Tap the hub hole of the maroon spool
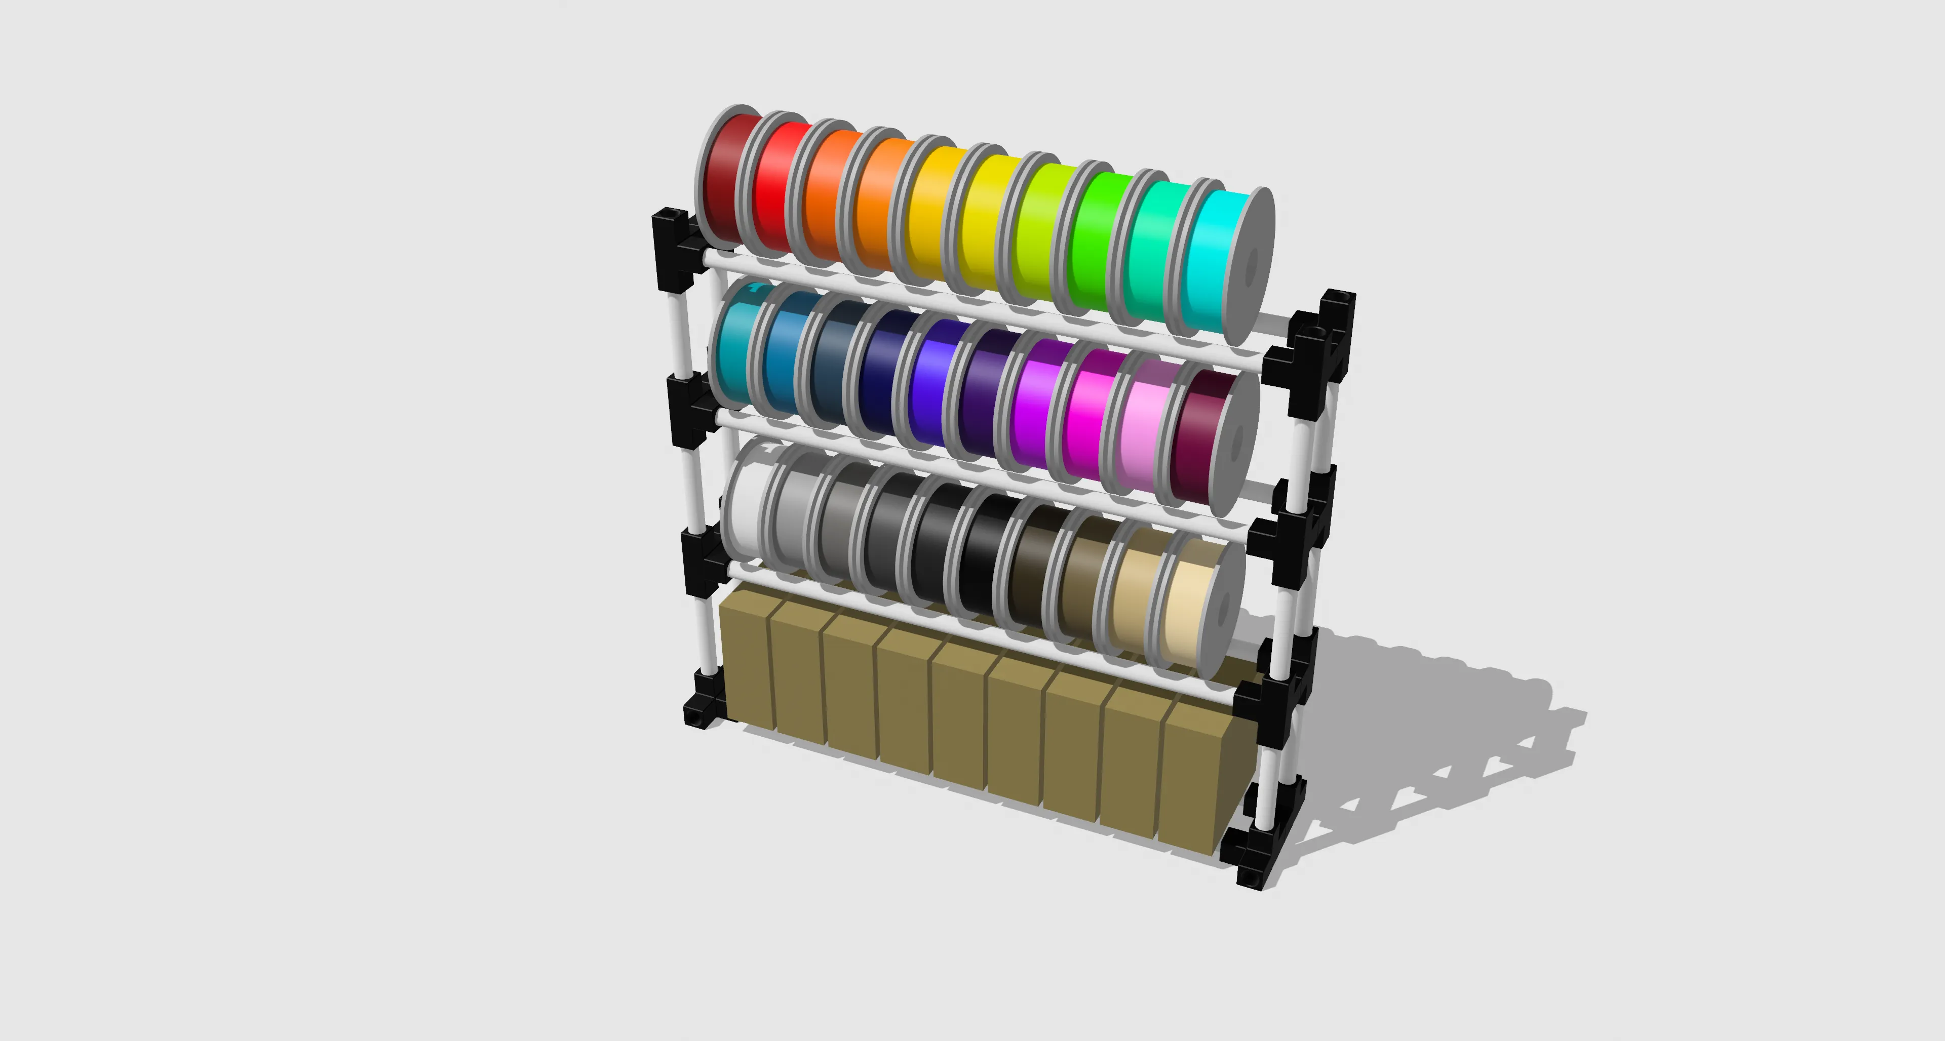click(x=1237, y=444)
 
